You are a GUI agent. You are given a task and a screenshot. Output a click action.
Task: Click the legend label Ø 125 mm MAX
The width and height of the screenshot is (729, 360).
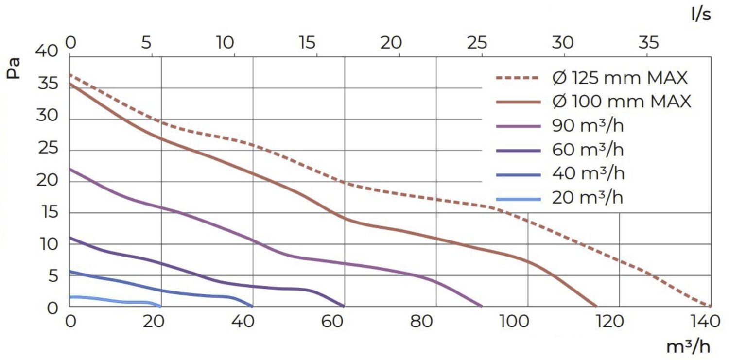621,78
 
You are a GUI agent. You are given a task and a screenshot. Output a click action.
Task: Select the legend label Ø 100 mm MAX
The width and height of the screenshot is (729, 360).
621,102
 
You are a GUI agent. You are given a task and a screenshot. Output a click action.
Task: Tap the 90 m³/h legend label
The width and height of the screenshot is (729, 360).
588,126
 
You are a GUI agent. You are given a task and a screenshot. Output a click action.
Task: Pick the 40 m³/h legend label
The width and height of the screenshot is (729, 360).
588,173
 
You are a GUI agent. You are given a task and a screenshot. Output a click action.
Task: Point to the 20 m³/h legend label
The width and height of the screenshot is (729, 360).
588,198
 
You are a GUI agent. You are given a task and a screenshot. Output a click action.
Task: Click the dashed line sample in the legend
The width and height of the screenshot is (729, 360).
518,78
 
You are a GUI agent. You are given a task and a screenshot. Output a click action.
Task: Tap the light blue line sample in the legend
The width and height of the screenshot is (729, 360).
518,199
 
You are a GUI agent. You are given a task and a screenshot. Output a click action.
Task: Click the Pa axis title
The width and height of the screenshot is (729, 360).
15,68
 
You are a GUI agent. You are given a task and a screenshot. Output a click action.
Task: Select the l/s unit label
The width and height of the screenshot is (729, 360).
701,15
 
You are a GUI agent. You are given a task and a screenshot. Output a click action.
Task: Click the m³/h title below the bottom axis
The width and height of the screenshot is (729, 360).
688,347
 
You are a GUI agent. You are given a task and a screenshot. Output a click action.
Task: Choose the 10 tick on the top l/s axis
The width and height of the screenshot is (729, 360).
225,43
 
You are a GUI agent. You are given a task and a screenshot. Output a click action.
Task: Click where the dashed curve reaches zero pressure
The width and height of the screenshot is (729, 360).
710,306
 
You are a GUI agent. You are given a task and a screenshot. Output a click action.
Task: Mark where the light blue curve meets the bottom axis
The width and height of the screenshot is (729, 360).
160,306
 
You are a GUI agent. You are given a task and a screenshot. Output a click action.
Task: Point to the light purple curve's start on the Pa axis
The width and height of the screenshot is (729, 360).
70,169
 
